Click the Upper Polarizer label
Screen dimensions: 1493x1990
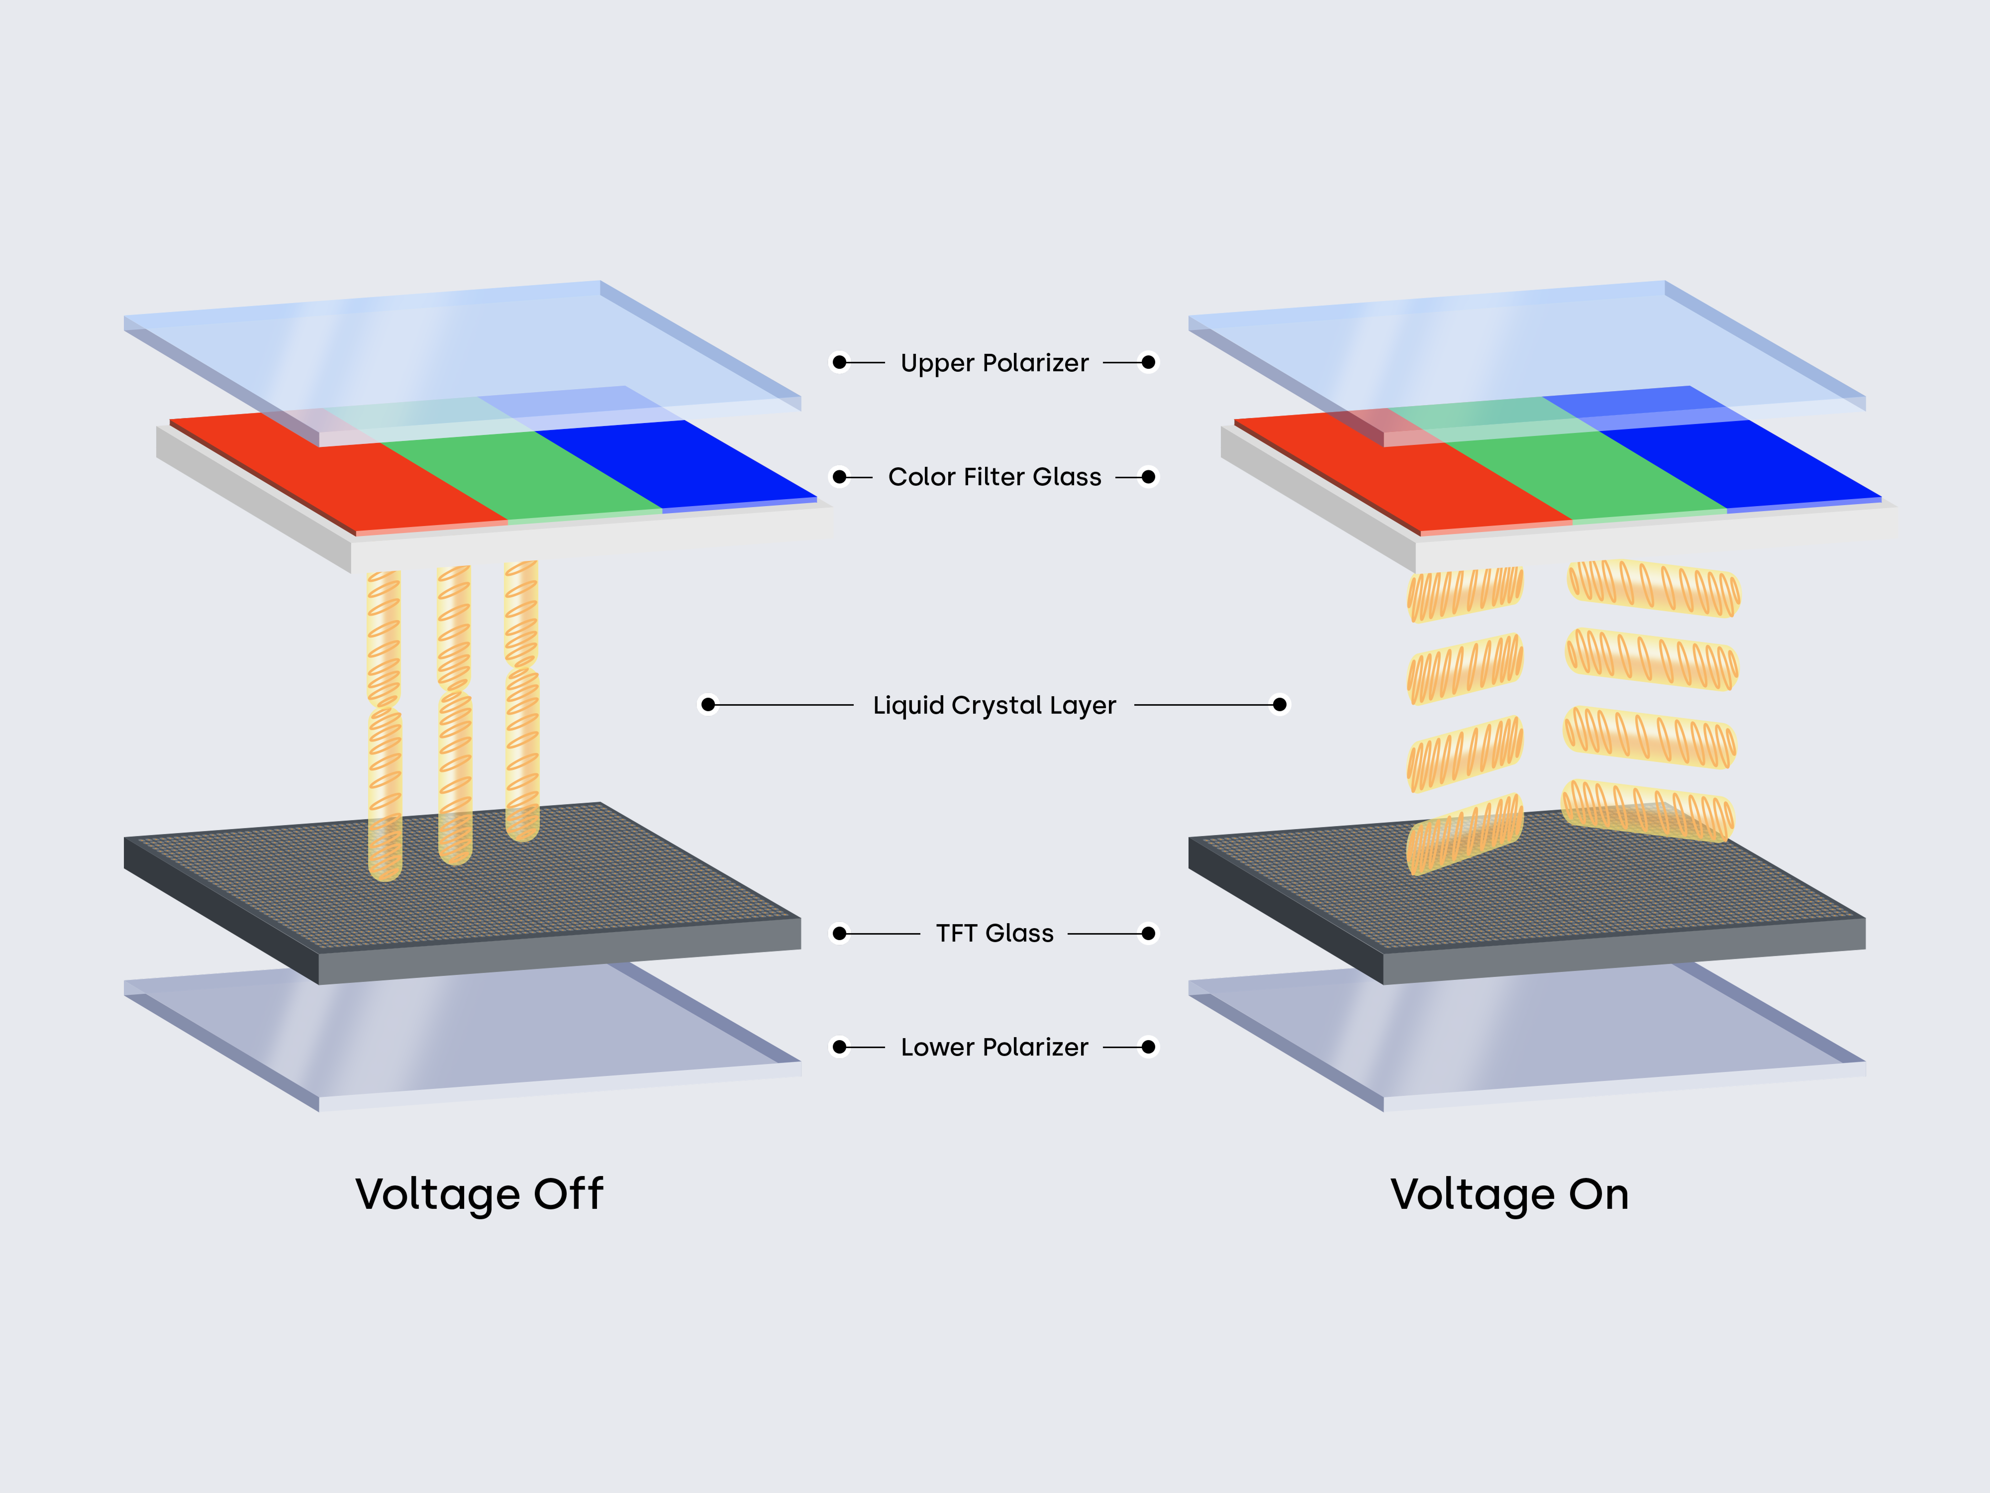[x=994, y=363]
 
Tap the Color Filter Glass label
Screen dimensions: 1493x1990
[x=994, y=477]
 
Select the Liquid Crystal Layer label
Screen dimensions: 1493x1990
[x=994, y=706]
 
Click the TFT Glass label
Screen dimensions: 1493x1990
[x=994, y=933]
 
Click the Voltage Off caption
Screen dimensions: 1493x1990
[x=479, y=1194]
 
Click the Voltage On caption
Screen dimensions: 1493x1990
[x=1509, y=1194]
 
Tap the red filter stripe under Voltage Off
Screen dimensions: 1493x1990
[x=360, y=477]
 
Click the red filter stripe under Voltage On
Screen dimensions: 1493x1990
[x=1421, y=481]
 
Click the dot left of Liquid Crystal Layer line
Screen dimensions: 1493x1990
[x=708, y=705]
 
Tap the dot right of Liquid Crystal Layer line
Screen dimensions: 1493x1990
[x=1279, y=705]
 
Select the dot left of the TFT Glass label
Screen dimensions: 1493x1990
[x=839, y=933]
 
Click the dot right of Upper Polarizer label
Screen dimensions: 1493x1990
[x=1148, y=363]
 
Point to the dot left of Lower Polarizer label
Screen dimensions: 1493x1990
[x=839, y=1047]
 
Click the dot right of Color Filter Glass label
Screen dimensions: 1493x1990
[x=1148, y=477]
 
